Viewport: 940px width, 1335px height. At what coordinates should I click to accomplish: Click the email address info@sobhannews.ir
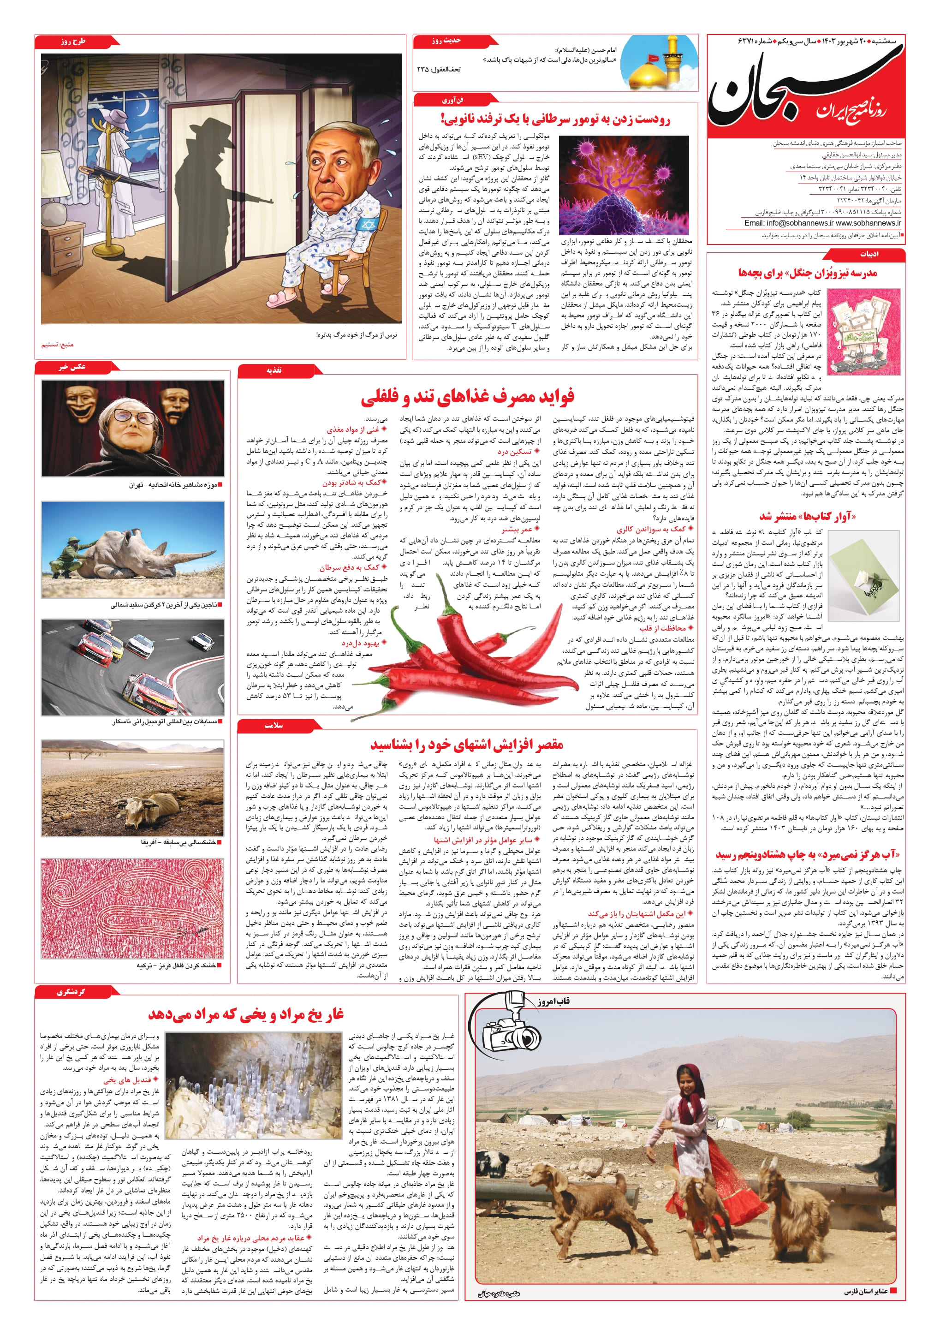click(779, 223)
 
